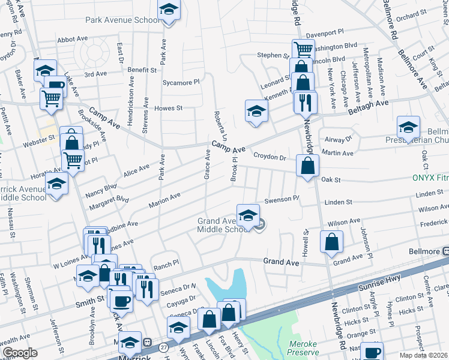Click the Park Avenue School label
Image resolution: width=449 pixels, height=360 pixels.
122,20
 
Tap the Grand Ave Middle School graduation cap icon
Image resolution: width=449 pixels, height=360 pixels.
248,214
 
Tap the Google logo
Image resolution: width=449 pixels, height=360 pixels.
20,353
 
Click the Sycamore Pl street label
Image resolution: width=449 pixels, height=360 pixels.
181,81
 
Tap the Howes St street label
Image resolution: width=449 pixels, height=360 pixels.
168,109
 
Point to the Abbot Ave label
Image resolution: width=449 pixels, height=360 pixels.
73,40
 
